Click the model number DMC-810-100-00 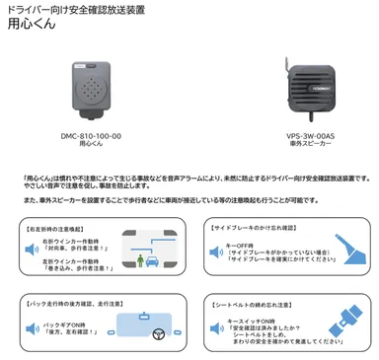coord(90,134)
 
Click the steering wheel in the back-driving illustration coord(156,332)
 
